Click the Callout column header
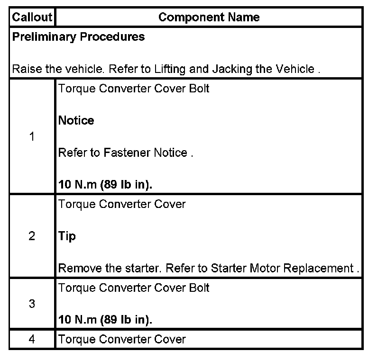31,18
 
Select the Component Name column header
209,18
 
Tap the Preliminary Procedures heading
78,37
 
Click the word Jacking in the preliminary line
232,69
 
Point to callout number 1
32,137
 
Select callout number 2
32,236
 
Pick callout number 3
32,304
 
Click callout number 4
32,339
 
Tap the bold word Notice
76,121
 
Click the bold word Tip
67,236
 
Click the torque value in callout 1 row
105,185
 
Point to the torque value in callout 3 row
105,320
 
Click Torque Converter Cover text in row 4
122,339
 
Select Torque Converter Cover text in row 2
122,204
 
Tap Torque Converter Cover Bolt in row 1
134,89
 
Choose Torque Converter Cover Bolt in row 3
134,288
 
